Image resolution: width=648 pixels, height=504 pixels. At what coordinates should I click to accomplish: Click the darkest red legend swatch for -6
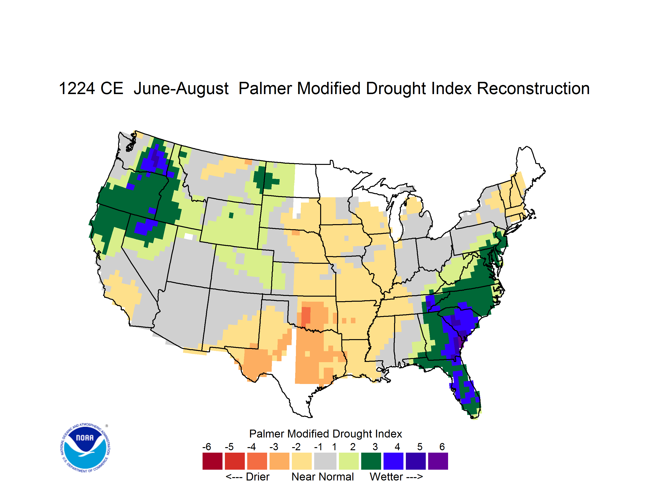[x=212, y=461]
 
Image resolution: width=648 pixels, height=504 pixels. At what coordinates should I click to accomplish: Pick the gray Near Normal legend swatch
[x=325, y=461]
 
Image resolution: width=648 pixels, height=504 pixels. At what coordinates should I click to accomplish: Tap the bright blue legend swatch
[x=393, y=461]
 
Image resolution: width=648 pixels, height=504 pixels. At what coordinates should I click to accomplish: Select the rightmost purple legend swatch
[x=438, y=461]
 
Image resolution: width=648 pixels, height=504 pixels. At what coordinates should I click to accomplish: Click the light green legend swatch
[x=349, y=461]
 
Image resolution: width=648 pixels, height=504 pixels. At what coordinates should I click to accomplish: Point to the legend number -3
[x=274, y=447]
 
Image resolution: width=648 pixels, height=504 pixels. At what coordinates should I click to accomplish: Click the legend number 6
[x=442, y=447]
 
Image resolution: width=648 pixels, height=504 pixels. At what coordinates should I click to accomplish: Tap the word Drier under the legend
[x=258, y=477]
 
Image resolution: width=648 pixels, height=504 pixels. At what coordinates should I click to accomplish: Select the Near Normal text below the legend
[x=323, y=477]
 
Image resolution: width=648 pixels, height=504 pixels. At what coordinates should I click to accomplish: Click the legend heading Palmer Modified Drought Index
[x=325, y=434]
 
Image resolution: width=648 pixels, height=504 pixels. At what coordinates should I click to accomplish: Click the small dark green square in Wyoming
[x=231, y=215]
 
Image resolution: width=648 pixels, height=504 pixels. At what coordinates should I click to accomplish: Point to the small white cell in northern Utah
[x=188, y=236]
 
